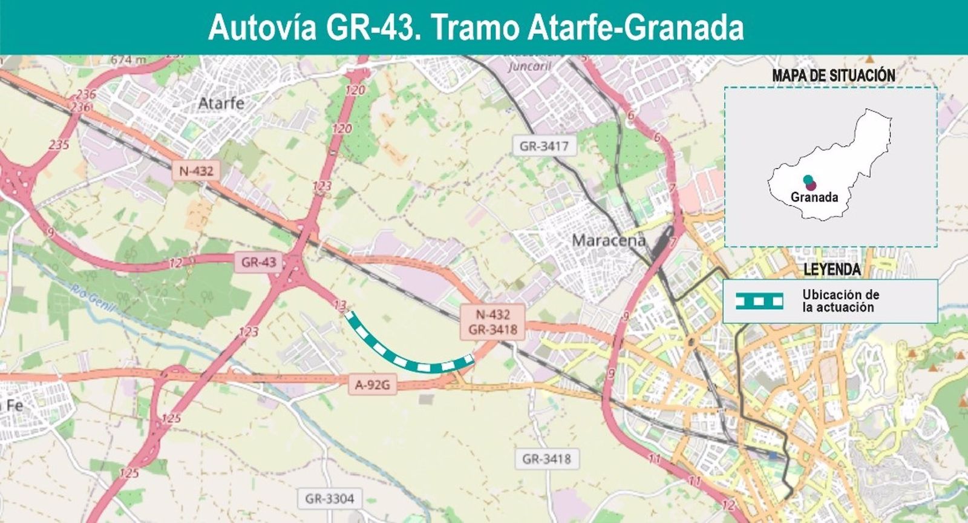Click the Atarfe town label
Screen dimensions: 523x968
click(x=221, y=104)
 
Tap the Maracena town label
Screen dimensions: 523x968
click(x=609, y=240)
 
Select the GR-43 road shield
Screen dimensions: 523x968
click(x=258, y=262)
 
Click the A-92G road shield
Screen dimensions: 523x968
click(x=372, y=384)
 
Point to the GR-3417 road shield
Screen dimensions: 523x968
click(x=544, y=146)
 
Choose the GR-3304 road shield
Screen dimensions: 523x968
click(x=330, y=499)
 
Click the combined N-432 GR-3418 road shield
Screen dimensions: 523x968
click(x=492, y=321)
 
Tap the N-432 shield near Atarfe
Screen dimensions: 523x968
click(x=196, y=171)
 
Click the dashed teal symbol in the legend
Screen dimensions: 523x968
click(x=759, y=301)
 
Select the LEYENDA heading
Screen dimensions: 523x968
click(x=832, y=269)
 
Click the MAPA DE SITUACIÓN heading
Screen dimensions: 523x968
click(x=833, y=76)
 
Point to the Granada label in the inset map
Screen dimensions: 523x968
click(x=814, y=197)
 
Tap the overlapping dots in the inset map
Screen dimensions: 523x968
click(x=809, y=182)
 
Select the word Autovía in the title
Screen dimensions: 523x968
click(x=261, y=27)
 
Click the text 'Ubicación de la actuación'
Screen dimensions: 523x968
click(x=840, y=301)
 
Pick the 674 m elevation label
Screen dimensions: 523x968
click(x=128, y=59)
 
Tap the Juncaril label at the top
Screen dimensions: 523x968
click(x=529, y=66)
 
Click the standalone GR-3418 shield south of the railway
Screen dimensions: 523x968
click(x=546, y=459)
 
